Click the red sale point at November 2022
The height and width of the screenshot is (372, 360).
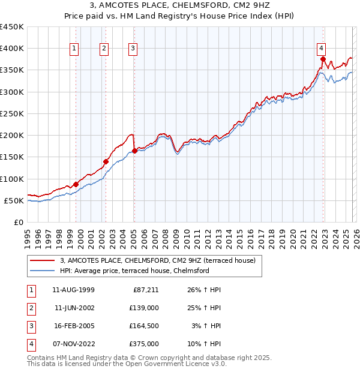coord(323,59)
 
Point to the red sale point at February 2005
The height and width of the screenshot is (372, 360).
coord(134,151)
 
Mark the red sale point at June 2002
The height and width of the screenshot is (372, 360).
coord(106,161)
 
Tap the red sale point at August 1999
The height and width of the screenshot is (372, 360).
coord(76,184)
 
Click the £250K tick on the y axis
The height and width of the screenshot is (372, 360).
coord(12,113)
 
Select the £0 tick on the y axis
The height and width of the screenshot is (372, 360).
coord(19,222)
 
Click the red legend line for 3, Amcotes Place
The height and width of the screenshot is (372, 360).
coord(42,260)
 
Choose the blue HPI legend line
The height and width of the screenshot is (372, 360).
coord(42,271)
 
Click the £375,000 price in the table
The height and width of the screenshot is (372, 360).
coord(144,344)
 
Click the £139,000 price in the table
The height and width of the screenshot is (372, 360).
coord(144,308)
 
